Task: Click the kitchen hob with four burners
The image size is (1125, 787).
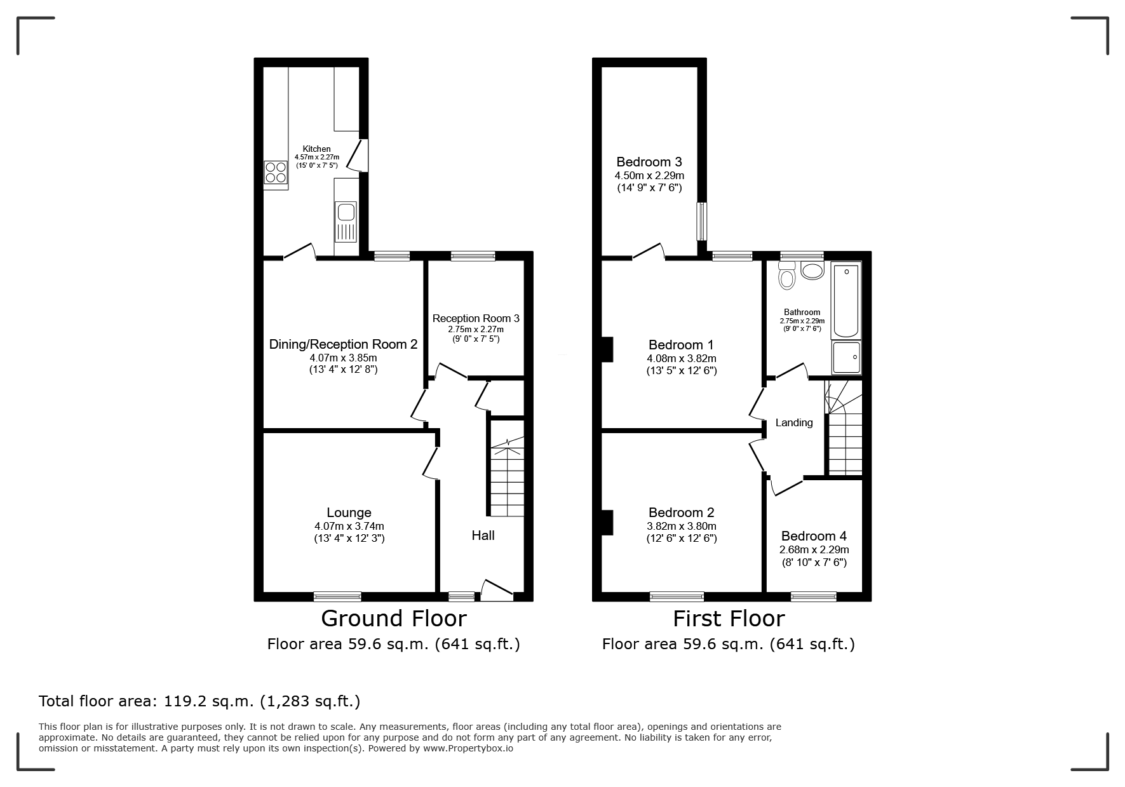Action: [276, 173]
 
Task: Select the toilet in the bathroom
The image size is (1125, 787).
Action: [787, 278]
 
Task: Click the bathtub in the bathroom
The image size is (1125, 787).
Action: [846, 300]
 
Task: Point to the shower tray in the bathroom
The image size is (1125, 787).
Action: [847, 358]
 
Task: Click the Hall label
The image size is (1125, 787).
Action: [483, 535]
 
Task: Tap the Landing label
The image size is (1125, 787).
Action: [794, 422]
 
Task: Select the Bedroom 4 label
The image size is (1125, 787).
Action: [814, 536]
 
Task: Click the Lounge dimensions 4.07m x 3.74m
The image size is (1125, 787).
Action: [349, 526]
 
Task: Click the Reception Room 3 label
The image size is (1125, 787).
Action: [476, 318]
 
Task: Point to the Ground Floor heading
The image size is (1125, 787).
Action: [394, 618]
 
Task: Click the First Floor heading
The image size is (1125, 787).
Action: [729, 618]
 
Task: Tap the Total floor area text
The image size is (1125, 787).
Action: [199, 701]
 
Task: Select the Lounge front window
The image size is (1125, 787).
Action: [337, 596]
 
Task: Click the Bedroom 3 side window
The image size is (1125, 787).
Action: [702, 221]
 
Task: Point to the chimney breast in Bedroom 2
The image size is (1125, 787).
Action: [607, 522]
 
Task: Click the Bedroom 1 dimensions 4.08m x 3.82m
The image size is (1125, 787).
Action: [681, 358]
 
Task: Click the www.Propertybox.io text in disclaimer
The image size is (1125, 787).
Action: [468, 748]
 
